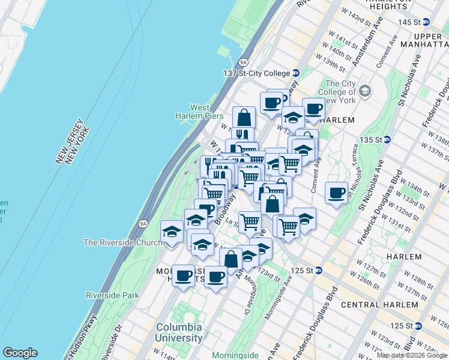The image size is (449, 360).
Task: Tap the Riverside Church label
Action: pos(122,242)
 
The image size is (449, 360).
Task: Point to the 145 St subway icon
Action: pos(426,22)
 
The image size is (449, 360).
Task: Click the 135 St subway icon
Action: pos(387,139)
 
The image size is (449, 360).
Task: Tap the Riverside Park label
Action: pos(112,295)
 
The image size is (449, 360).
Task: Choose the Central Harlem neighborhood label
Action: pos(379,304)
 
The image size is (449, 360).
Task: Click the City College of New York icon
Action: pos(366,92)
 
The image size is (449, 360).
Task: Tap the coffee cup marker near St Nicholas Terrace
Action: pos(336,193)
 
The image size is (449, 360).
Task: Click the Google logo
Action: pos(20,353)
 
